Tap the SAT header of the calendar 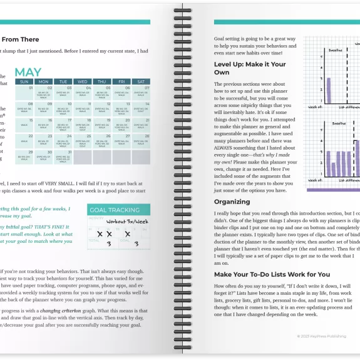click(141, 81)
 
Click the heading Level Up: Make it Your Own click(250, 68)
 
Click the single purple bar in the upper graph click(328, 91)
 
